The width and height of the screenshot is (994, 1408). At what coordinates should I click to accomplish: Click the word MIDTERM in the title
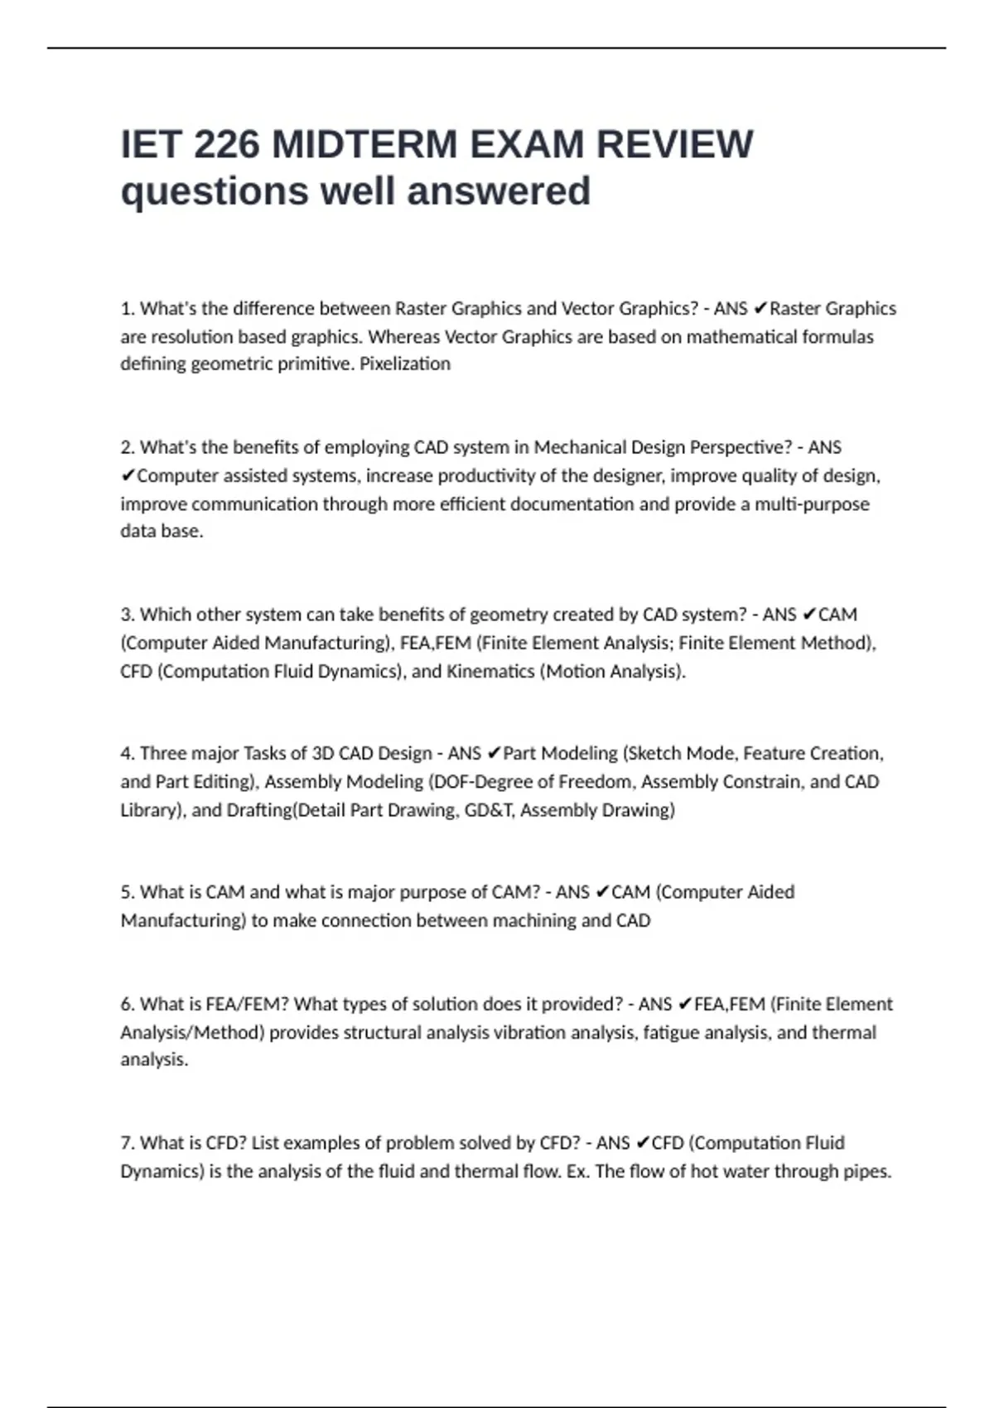[364, 144]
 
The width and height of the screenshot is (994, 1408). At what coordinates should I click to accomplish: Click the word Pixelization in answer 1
[405, 364]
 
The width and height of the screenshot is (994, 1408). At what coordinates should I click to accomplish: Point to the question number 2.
[127, 447]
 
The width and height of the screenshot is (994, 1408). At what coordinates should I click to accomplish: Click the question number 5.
[127, 892]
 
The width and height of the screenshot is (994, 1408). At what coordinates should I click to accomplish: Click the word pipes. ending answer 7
[867, 1171]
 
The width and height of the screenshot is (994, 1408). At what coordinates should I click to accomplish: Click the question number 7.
[127, 1143]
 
